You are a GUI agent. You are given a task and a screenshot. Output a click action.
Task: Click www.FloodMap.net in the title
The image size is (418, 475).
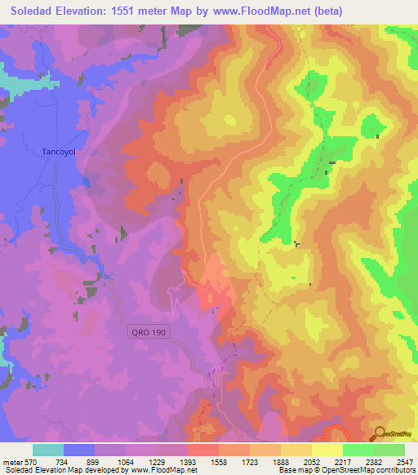262,11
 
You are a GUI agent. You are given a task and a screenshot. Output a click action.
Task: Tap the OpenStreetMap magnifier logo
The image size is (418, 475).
380,433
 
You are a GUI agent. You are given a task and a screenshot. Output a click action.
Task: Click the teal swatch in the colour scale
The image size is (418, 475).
48,450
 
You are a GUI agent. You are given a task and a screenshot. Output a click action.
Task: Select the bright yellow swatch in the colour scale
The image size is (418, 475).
327,450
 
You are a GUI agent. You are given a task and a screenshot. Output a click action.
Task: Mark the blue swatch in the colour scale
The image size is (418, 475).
79,450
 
